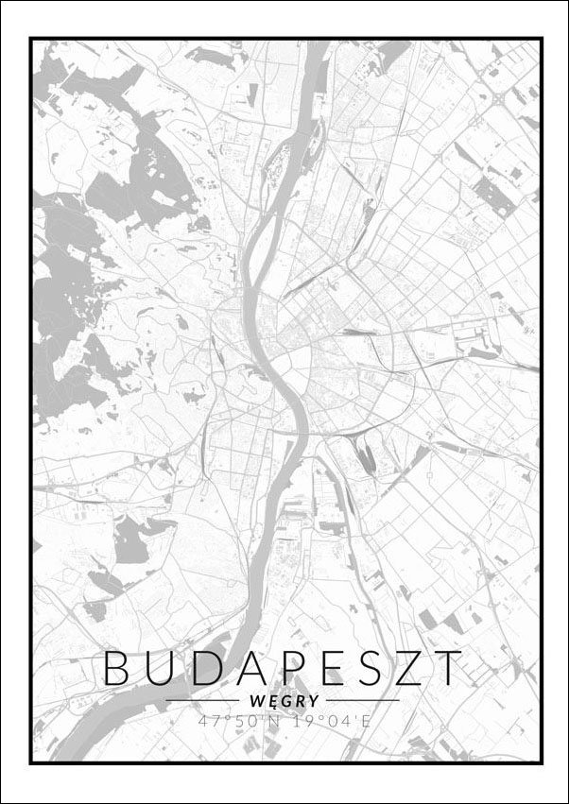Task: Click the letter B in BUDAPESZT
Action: (118, 668)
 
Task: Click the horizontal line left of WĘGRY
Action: (202, 701)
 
